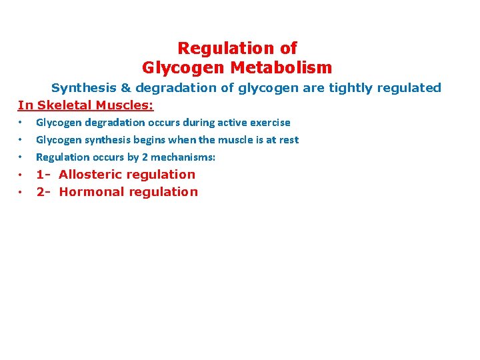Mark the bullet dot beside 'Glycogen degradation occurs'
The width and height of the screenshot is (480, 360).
[x=21, y=123]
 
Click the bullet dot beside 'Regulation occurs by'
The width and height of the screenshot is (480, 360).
[x=21, y=157]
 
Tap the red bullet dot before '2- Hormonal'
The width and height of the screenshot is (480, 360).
[x=21, y=192]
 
